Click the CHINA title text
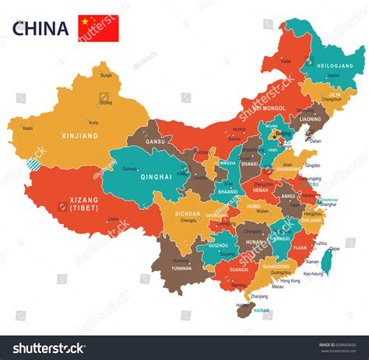click(40, 29)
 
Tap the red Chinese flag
click(98, 28)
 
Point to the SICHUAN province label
click(187, 213)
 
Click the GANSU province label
click(155, 142)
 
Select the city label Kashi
click(28, 128)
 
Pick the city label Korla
click(93, 122)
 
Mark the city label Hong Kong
click(290, 280)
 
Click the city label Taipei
click(334, 249)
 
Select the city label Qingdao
click(313, 166)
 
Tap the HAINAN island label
click(262, 310)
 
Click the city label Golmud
click(129, 169)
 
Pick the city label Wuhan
click(262, 211)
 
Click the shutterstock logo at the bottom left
click(48, 347)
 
